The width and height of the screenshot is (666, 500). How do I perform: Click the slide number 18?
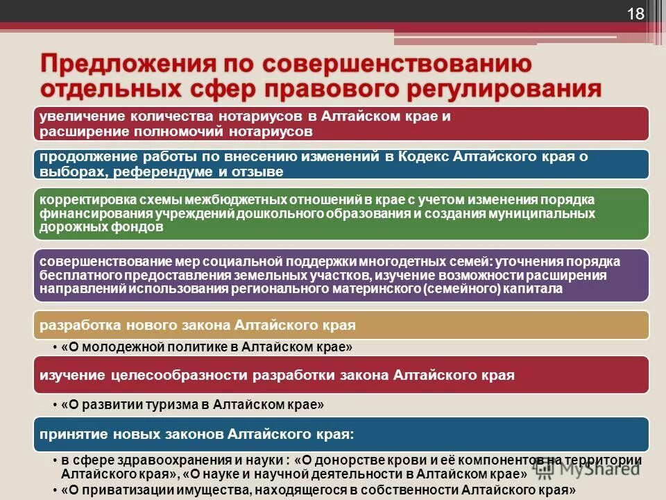coord(636,14)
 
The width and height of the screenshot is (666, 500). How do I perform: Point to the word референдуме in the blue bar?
coord(162,172)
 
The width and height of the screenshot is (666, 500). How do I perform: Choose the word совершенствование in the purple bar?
coord(89,262)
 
